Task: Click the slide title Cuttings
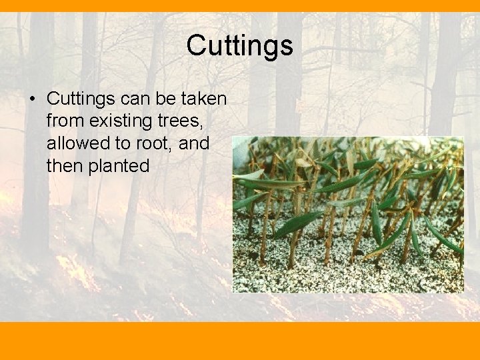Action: (x=239, y=46)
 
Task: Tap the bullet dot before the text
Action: (x=32, y=99)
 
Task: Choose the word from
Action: (x=64, y=121)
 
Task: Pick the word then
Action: (x=65, y=165)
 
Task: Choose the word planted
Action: (x=119, y=166)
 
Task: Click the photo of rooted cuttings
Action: (x=347, y=214)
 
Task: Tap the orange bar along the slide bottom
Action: (x=240, y=341)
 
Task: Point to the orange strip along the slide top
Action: (x=240, y=5)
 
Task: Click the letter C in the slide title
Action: (x=196, y=46)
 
